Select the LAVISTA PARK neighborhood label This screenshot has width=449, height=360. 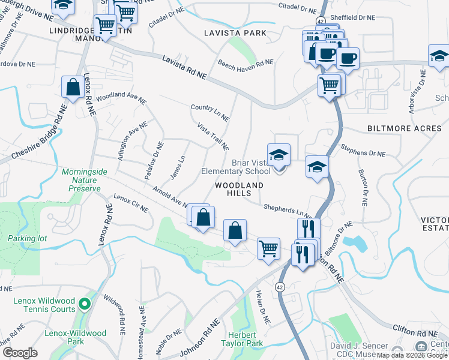click(x=234, y=32)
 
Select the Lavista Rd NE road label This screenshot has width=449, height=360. click(x=184, y=67)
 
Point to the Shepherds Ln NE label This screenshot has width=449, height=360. click(x=287, y=211)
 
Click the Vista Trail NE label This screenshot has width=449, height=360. click(x=213, y=136)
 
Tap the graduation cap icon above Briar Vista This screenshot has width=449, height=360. click(x=279, y=155)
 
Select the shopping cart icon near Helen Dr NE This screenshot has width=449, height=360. click(x=268, y=248)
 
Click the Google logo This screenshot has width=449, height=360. click(x=20, y=353)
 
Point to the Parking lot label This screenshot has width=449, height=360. click(x=27, y=238)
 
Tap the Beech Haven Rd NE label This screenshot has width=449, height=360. click(x=246, y=62)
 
